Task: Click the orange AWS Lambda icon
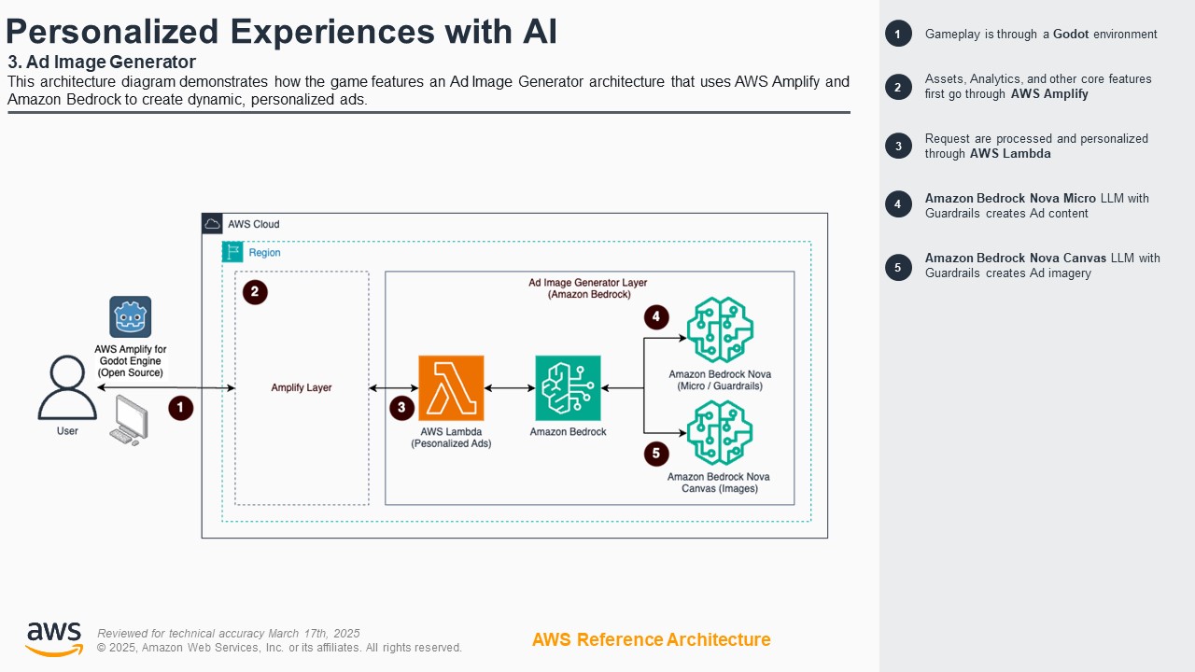pos(451,387)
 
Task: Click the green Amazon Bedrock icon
pos(568,387)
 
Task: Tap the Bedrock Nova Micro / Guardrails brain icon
pos(720,329)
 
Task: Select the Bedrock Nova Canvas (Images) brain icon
pos(720,432)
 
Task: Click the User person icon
pos(67,388)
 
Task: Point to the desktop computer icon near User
pos(129,420)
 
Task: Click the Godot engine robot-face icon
pos(130,316)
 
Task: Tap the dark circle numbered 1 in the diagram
pos(180,408)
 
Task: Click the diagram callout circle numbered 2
pos(255,292)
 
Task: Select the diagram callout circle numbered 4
pos(656,317)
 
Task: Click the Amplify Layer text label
pos(302,387)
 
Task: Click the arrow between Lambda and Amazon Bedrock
pos(509,387)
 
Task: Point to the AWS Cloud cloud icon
pos(213,224)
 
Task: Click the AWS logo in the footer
pos(53,639)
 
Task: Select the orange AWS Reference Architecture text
pos(651,639)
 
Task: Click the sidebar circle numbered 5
pos(898,267)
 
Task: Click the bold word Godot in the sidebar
pos(1071,35)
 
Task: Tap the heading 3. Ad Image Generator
pos(102,63)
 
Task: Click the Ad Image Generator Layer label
pos(588,288)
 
